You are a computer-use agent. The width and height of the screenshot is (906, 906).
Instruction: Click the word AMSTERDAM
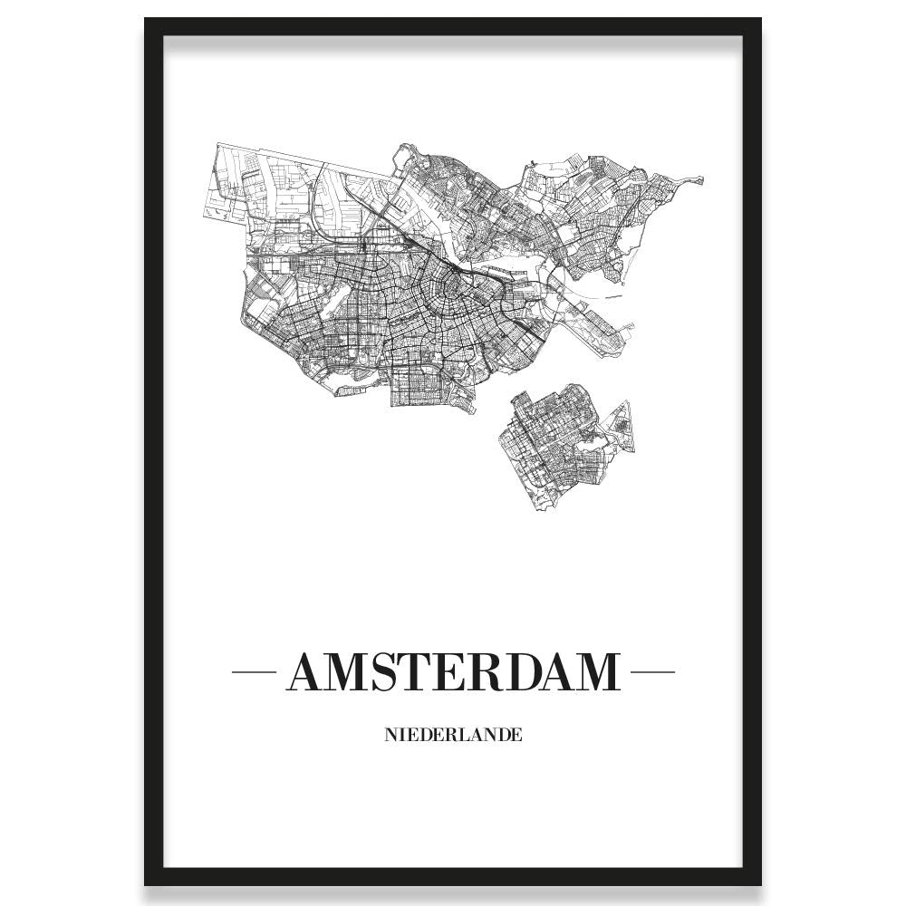pos(452,672)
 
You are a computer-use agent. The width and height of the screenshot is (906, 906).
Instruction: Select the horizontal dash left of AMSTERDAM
pos(255,672)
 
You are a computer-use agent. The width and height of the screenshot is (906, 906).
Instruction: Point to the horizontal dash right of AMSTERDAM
pos(651,672)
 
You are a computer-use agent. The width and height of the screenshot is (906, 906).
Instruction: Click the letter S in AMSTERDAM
pos(378,672)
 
